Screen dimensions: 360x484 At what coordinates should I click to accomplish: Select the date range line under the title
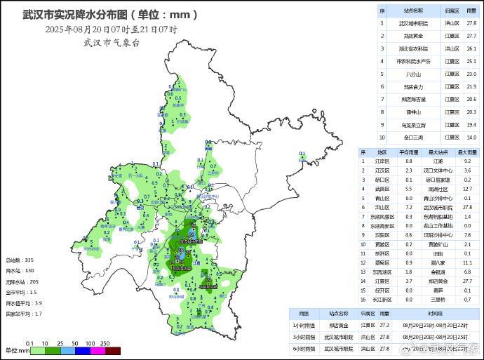pos(111,29)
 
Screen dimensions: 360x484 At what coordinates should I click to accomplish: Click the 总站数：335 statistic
pos(20,260)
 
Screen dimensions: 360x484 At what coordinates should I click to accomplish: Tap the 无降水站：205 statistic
pos(21,281)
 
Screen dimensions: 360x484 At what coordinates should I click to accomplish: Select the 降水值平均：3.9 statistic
pos(24,303)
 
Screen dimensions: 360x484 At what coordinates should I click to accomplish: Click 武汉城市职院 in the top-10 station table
pos(413,23)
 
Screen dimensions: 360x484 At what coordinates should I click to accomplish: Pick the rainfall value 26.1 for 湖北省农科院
pos(471,48)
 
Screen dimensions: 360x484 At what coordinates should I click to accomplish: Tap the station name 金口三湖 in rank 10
pos(413,137)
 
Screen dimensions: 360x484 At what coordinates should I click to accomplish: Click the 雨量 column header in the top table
pos(471,11)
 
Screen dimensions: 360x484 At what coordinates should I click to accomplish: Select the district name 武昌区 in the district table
pos(382,188)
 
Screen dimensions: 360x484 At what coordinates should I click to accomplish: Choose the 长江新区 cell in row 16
pos(382,298)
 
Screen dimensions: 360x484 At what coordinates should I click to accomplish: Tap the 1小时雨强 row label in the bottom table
pos(305,326)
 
